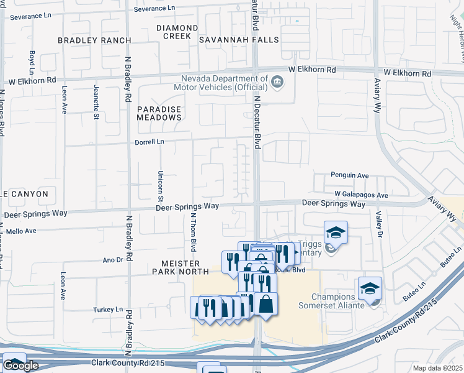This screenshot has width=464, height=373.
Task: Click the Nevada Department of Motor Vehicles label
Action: coord(224,83)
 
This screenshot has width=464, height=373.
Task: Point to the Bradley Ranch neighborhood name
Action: coord(86,40)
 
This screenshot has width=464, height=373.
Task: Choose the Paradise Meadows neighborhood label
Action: coord(159,114)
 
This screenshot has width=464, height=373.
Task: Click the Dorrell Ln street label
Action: coord(149,142)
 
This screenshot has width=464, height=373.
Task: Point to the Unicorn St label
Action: coord(160,186)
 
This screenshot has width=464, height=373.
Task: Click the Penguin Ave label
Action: coord(349,176)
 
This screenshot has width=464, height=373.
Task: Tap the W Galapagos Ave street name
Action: coord(361,195)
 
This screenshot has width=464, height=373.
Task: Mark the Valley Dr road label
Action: coord(378,223)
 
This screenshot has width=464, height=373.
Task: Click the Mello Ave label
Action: coord(22,231)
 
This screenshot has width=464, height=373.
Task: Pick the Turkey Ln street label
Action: coord(109,310)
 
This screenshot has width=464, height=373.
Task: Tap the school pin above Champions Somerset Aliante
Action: coord(370,288)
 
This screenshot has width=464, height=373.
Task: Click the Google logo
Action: coord(21,366)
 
